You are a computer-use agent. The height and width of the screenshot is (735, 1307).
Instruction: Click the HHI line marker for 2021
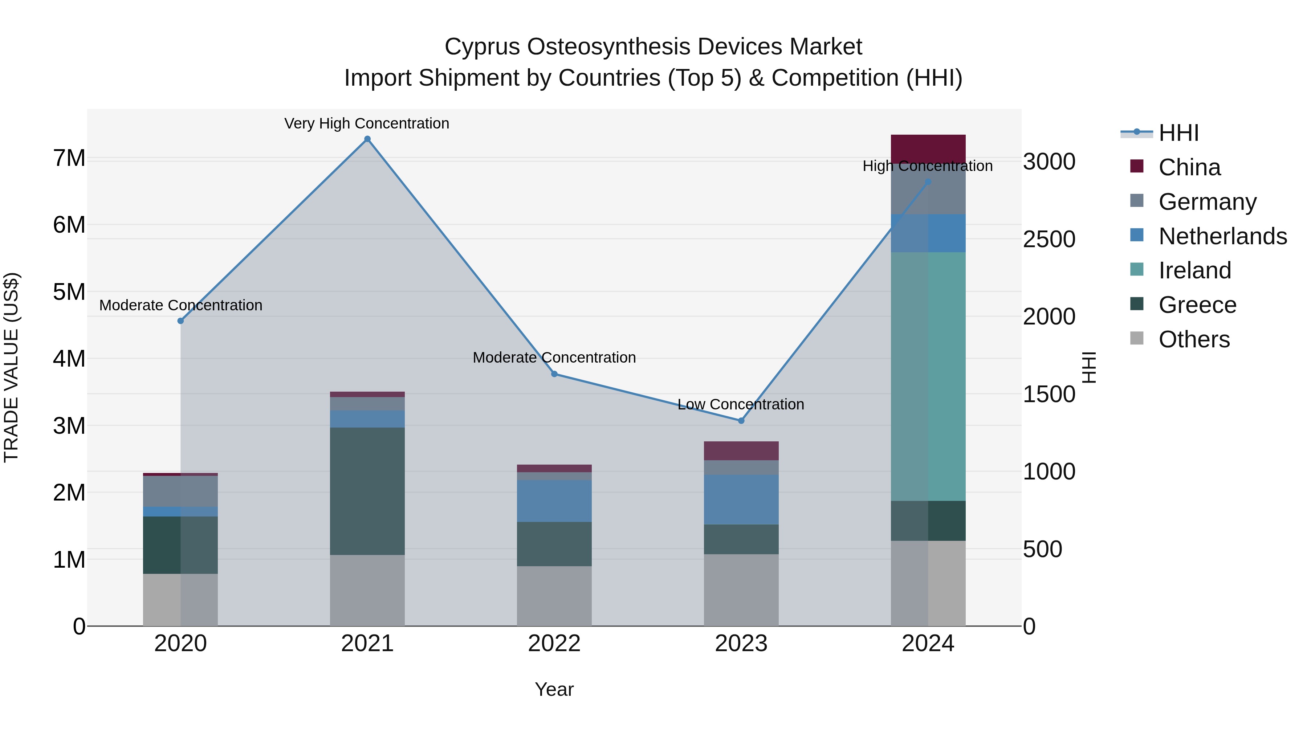point(367,139)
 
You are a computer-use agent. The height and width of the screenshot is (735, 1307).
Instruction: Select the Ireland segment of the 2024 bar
point(928,376)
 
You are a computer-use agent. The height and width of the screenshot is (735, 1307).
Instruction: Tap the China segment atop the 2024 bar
point(928,149)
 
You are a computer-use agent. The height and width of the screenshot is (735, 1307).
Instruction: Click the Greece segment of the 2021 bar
point(367,491)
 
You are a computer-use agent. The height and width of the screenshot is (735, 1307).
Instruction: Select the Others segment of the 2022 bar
point(554,596)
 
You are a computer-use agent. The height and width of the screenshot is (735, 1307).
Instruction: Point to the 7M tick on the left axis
point(69,158)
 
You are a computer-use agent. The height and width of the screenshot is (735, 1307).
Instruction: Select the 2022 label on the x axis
point(554,644)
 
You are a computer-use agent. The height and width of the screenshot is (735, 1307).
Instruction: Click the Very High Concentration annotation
point(367,123)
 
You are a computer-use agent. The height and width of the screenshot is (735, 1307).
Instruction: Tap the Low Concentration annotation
point(741,404)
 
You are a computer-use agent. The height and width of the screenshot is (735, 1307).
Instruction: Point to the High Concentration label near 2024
point(928,166)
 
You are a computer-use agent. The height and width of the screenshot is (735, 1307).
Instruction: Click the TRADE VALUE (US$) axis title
point(11,367)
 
